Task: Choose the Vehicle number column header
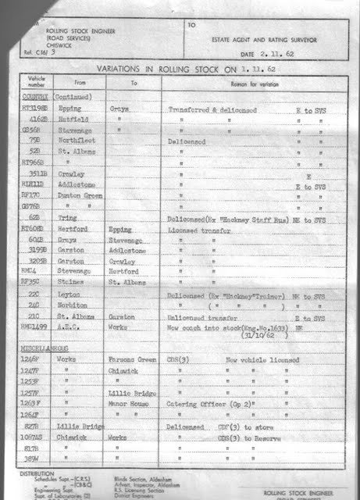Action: tap(36, 81)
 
